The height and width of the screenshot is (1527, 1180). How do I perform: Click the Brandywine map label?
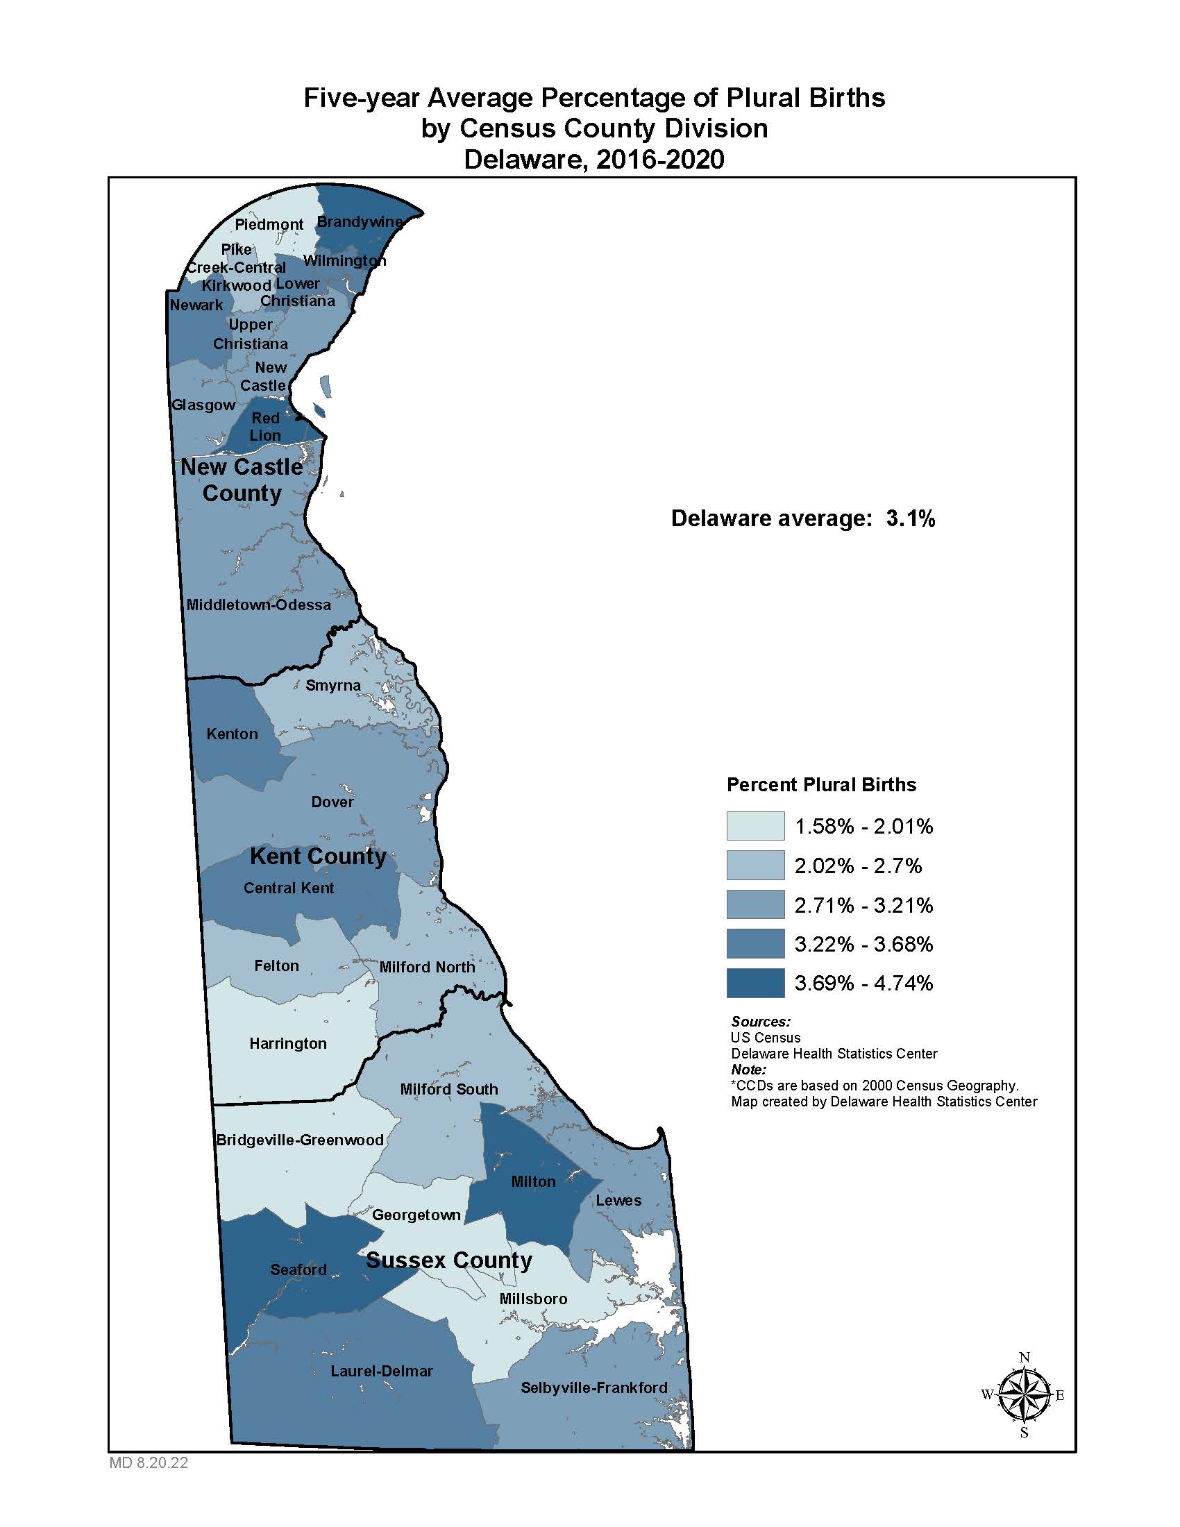click(360, 221)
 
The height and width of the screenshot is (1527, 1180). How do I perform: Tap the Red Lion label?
click(266, 426)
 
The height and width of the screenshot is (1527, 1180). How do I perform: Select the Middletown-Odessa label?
click(259, 605)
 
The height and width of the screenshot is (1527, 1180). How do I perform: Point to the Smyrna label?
click(332, 685)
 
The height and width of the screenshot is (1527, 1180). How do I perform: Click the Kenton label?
click(232, 734)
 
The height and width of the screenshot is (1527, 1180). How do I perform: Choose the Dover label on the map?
click(332, 802)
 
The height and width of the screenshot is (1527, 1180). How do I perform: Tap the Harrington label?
click(288, 1043)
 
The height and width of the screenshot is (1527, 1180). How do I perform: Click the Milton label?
click(533, 1181)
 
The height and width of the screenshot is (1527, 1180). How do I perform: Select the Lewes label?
click(618, 1201)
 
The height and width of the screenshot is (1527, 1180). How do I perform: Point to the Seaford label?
click(298, 1269)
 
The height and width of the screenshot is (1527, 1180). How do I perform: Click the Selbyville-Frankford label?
click(593, 1388)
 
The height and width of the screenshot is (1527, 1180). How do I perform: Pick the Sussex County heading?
click(449, 1260)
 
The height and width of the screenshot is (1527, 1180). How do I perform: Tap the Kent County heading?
click(318, 857)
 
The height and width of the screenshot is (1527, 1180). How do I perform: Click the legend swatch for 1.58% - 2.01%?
click(755, 826)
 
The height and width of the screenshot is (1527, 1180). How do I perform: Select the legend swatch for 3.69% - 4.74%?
click(755, 983)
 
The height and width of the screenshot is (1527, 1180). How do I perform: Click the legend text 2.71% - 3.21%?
click(863, 905)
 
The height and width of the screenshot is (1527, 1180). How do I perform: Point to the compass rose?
click(1023, 1395)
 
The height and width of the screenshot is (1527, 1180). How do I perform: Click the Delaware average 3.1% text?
click(802, 518)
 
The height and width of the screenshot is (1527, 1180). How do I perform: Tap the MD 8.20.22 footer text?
click(149, 1463)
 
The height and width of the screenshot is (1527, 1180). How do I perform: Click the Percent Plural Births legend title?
click(821, 784)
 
